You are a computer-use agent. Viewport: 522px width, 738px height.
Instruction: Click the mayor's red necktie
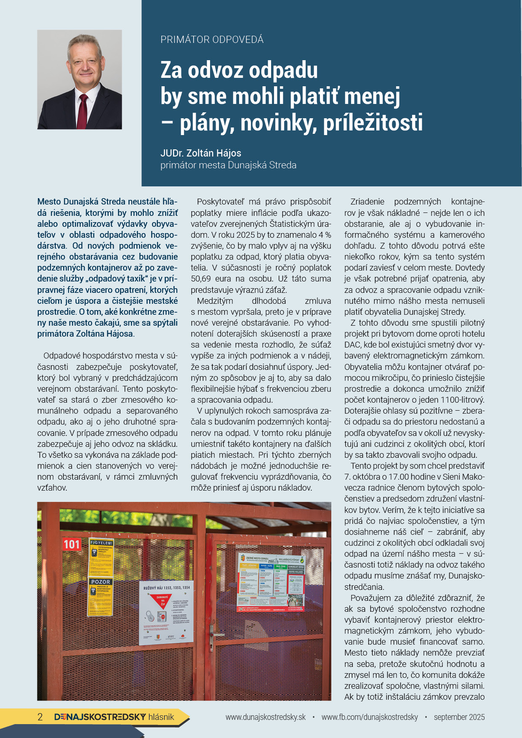(x=83, y=111)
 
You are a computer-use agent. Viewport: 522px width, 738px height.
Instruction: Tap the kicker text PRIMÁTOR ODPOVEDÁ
(x=212, y=40)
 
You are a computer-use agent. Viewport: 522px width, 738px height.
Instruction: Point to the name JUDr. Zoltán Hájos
(x=201, y=153)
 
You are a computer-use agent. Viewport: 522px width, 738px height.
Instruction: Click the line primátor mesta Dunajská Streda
(x=228, y=165)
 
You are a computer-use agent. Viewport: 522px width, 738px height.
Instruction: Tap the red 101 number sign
(x=72, y=544)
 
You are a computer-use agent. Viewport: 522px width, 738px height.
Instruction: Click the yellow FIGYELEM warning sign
(x=101, y=557)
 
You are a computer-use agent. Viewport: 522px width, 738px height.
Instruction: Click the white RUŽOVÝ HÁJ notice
(x=166, y=612)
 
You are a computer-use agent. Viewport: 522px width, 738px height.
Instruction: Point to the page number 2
(x=40, y=717)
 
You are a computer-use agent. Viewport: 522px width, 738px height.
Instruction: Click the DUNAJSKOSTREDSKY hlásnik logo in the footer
(x=114, y=717)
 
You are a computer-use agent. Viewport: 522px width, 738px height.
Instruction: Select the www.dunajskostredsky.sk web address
(x=266, y=717)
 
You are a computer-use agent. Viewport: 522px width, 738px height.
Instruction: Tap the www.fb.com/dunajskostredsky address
(x=370, y=717)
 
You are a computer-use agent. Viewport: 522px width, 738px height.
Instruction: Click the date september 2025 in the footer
(x=459, y=717)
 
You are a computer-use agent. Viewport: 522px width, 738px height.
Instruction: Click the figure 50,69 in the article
(x=202, y=279)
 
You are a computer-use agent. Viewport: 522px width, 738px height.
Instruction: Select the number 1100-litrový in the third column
(x=462, y=399)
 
